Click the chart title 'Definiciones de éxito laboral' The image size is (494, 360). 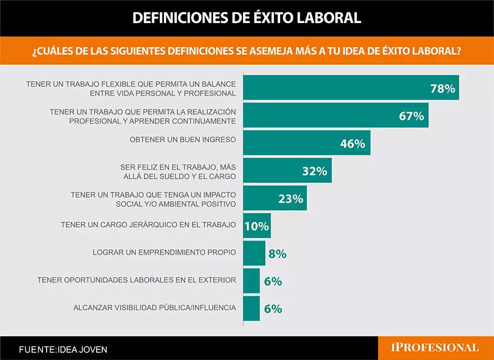coord(247,18)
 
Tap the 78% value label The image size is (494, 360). coord(442,89)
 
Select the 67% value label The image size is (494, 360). coord(411,116)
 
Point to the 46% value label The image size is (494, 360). coord(353,144)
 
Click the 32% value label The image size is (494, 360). coord(314,171)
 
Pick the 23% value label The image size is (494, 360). coord(291,199)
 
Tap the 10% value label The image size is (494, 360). coord(257,226)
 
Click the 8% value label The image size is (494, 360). coord(277,254)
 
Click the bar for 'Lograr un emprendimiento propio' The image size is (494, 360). coord(254,253)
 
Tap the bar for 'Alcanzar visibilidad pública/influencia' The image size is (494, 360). coord(251,308)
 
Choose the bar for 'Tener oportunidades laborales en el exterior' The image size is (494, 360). coord(251,281)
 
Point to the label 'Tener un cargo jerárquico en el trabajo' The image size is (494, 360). coord(148,225)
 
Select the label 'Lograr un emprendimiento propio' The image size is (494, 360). coord(164,252)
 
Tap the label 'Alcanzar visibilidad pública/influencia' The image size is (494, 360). coord(154,307)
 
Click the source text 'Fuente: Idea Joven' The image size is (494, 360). coord(63,349)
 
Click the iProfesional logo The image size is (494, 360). coord(435,348)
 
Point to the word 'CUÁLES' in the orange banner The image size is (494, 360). coord(59,51)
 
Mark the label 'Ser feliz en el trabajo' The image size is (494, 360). coord(179,167)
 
